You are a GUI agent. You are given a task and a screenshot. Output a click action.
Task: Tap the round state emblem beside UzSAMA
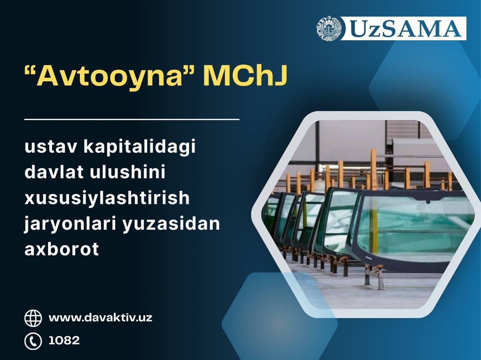[x=329, y=29]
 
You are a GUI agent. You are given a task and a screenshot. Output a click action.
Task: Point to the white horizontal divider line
[x=132, y=119]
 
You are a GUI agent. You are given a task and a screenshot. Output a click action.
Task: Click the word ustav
[x=51, y=147]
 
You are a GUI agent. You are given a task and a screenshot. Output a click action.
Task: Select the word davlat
[x=54, y=172]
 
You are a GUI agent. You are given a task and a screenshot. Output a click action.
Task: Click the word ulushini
[x=127, y=172]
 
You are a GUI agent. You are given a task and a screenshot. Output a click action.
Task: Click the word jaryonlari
[x=70, y=224]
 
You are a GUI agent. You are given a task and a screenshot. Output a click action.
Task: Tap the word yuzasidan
[x=171, y=224]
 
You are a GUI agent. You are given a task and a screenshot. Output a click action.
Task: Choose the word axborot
[x=62, y=249]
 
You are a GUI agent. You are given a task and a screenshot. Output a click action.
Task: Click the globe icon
[x=33, y=318]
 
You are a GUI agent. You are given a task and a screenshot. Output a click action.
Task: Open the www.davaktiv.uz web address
[x=100, y=318]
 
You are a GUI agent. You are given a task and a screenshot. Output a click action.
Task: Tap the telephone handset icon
[x=33, y=341]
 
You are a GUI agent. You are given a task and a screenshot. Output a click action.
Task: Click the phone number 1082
[x=64, y=340]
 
